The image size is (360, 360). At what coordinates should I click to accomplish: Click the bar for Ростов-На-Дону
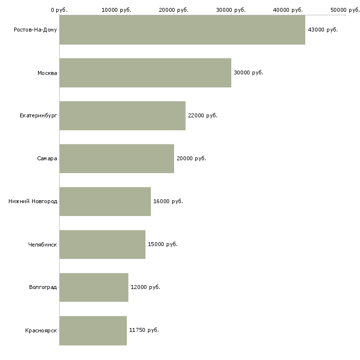pos(182,30)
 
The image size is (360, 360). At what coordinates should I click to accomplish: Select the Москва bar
pos(145,73)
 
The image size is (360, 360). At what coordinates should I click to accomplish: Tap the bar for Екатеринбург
pos(122,116)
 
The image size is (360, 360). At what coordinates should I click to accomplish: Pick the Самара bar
pos(117,159)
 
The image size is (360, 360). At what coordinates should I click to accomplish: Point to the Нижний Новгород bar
pos(105,202)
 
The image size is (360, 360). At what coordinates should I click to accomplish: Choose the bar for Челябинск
pos(103,245)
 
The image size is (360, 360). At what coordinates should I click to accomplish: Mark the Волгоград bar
pos(94,288)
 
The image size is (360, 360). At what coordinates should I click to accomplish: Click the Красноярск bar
pos(93,330)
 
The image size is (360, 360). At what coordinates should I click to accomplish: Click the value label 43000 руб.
pos(323,30)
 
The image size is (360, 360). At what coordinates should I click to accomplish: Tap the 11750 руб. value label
pos(144,330)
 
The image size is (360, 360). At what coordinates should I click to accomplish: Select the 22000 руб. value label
pos(203,115)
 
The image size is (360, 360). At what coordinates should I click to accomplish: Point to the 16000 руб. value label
pos(168,201)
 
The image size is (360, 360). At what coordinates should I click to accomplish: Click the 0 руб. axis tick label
pos(59,10)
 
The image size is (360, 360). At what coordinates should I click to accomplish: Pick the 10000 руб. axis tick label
pos(116,10)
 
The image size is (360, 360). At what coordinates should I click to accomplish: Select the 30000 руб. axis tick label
pos(231,10)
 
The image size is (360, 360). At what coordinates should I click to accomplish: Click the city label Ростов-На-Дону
pos(36,30)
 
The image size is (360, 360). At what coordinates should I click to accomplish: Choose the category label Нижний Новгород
pos(33,201)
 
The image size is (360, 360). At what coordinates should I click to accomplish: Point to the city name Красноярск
pos(41,330)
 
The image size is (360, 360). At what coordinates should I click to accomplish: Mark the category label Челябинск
pos(42,245)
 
